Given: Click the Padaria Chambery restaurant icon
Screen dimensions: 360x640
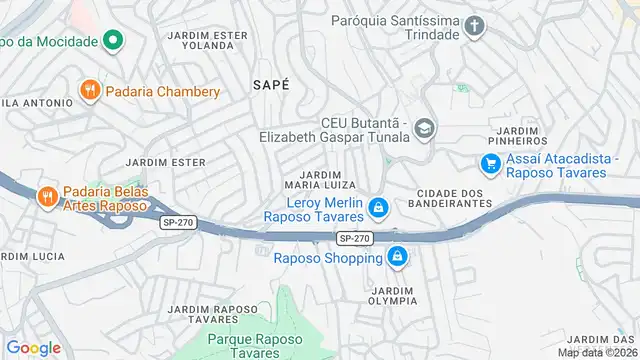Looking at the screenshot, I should coord(90,91).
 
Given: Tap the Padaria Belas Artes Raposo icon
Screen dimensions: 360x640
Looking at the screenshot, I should coord(46,197).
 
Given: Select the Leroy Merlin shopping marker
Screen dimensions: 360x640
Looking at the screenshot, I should coord(378,208).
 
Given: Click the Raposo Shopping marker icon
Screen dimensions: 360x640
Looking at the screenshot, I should coord(398,257).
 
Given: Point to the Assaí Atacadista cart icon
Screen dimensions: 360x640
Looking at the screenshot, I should coord(490,163).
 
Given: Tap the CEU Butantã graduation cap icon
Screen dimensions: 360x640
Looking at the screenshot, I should coord(425,129).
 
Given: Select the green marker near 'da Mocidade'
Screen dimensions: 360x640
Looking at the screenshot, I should coord(113,41).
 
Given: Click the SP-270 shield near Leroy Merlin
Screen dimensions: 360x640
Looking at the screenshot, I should coord(355,238).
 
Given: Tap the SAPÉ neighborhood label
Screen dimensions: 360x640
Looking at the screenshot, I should coord(271,86).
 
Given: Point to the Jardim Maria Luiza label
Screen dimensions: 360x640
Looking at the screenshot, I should coord(322,179).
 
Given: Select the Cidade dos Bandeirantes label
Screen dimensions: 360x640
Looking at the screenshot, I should coord(454,197).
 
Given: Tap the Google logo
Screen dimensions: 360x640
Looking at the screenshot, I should coord(33,347).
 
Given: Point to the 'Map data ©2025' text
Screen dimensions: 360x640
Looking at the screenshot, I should coord(597,352).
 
